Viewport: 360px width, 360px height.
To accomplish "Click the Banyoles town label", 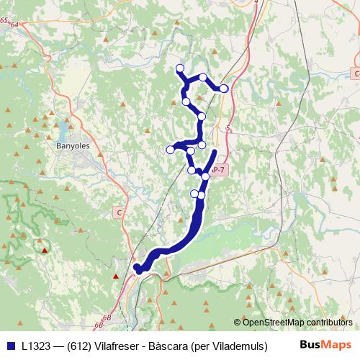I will point(72,145).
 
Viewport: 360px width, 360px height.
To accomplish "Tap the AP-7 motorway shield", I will point(219,170).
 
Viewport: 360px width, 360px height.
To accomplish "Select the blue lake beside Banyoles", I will point(63,130).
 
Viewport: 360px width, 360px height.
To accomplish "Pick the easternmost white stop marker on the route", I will point(224,88).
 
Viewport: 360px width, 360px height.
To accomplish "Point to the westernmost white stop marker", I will point(171,150).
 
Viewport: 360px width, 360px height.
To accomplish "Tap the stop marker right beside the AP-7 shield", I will point(206,176).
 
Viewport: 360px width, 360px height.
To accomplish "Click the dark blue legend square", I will point(10,344).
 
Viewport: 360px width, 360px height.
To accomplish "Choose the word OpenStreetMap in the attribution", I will point(273,322).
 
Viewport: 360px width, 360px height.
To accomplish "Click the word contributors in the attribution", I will point(328,322).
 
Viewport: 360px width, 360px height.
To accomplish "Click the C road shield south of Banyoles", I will point(120,212).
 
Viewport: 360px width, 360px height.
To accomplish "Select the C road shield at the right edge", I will point(356,73).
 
